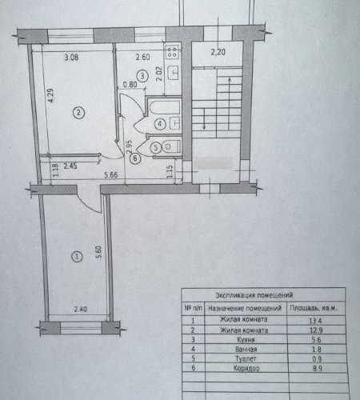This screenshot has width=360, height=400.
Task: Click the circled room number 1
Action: point(78,257)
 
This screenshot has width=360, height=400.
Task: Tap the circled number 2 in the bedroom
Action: point(78,113)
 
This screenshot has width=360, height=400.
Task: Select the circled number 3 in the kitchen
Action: point(142,76)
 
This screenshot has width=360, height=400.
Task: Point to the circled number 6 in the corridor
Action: point(135,158)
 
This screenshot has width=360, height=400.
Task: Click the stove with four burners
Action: point(172,52)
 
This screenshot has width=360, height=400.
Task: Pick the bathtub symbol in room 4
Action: point(165,108)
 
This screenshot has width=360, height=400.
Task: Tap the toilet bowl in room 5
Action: point(170,146)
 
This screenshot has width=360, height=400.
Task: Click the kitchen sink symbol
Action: point(174,72)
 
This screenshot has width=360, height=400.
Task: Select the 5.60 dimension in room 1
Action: point(98,253)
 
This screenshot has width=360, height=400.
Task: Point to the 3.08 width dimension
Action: point(71,58)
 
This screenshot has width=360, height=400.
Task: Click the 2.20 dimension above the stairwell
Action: point(218,52)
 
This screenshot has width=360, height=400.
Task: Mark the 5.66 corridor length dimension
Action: point(110,175)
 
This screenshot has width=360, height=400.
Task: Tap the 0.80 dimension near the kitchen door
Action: point(130,85)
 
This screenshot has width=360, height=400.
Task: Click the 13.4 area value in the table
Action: point(315,321)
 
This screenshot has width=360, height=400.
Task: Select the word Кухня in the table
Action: point(246,340)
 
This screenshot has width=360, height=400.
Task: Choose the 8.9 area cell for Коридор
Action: point(317,369)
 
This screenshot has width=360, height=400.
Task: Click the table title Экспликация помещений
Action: point(254,295)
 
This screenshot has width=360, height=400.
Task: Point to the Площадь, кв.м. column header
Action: point(314,308)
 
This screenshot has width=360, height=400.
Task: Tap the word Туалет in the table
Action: point(246,359)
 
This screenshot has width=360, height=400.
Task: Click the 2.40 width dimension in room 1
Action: point(80,310)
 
